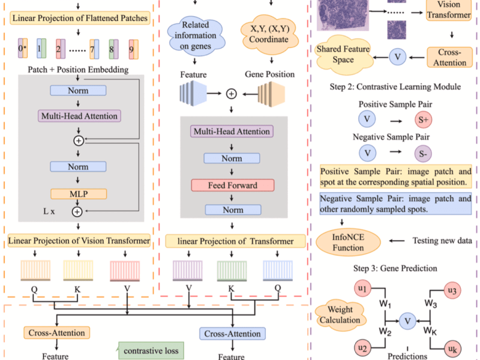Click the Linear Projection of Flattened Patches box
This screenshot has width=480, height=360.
tap(79, 19)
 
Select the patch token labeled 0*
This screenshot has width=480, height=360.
tap(22, 47)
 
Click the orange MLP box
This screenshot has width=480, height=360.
tap(78, 194)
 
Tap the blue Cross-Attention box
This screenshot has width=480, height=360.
tap(231, 334)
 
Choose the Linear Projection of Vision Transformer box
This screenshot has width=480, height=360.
tap(79, 241)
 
